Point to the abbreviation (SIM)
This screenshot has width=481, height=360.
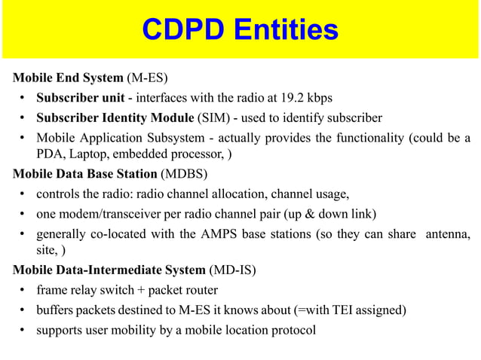214,117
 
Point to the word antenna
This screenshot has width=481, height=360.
448,233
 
